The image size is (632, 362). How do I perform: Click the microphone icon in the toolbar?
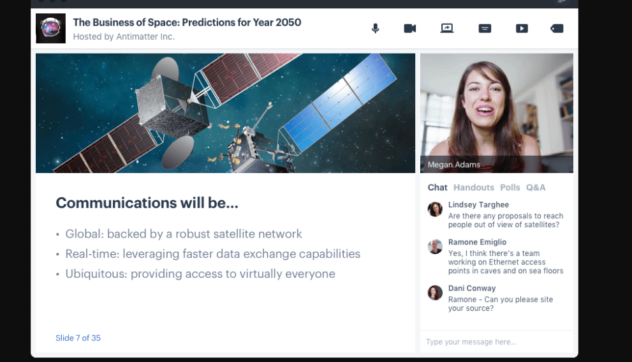(x=375, y=28)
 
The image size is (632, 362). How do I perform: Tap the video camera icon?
(x=410, y=28)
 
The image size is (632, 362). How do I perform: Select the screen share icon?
(x=447, y=28)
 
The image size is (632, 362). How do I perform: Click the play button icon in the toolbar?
(x=522, y=28)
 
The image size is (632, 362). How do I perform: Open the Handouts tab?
(x=474, y=188)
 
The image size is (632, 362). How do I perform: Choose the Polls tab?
(x=510, y=188)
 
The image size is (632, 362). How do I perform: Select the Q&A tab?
(x=536, y=188)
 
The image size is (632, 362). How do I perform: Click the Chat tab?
(x=437, y=188)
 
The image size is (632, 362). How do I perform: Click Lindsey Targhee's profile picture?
(x=435, y=209)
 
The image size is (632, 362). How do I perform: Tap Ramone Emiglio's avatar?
(x=435, y=246)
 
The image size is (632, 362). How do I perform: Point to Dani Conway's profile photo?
(x=435, y=292)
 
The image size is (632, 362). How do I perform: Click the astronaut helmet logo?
(x=51, y=28)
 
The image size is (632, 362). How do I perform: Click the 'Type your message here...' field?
(x=497, y=342)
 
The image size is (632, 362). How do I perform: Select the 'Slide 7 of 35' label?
(x=78, y=338)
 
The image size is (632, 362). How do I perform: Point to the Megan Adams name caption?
(x=454, y=165)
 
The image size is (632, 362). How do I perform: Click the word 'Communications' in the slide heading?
(x=116, y=202)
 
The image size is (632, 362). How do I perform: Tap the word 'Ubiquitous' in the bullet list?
(x=96, y=274)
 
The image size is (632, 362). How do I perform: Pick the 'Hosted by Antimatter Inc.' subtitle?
(x=124, y=37)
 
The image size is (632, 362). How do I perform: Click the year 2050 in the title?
(x=288, y=22)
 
